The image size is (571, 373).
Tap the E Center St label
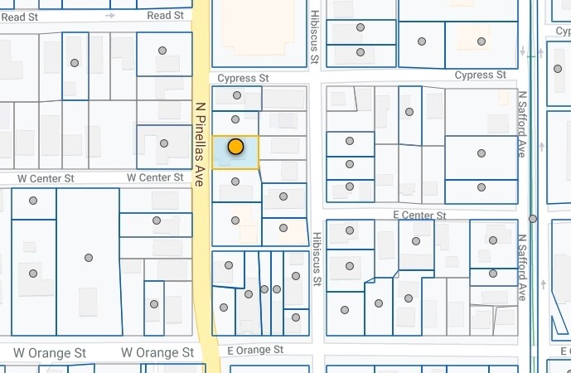point(419,215)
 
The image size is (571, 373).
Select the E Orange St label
point(255,350)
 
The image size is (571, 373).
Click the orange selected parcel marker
point(235,148)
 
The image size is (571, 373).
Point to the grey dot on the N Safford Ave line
point(532,219)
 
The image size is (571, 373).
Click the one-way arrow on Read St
point(110,15)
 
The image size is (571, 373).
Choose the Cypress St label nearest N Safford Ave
point(481,75)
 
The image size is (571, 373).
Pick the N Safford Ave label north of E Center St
point(523,124)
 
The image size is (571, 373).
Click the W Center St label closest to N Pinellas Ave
point(155,177)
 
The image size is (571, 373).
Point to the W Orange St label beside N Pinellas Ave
point(157,352)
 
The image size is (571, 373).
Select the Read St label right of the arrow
point(165,16)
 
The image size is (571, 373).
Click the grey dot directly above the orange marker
point(235,120)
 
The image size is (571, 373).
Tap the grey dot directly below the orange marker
point(235,181)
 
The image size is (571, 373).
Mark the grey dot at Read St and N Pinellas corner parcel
point(163,51)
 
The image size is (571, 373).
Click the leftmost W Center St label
point(46,178)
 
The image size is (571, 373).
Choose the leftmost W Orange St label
point(50,352)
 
